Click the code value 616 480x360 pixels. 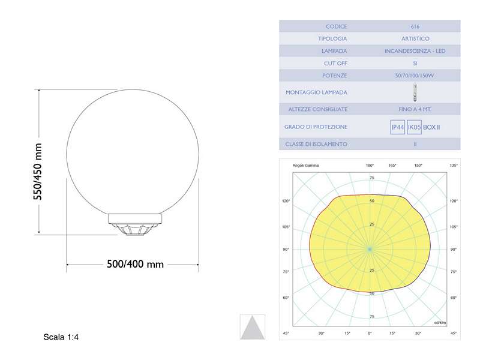(x=415, y=26)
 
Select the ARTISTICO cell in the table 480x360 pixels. (x=415, y=38)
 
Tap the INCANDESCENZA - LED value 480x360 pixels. (x=415, y=51)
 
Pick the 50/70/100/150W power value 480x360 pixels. (x=415, y=76)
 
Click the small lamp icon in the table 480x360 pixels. (x=415, y=92)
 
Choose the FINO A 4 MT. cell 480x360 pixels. (x=415, y=109)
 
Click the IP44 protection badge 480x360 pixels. (x=397, y=127)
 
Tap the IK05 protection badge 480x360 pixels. (x=414, y=127)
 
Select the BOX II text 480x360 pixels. (x=431, y=127)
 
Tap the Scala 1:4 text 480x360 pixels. (x=61, y=337)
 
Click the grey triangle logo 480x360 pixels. (x=251, y=327)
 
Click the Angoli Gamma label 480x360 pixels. (x=305, y=165)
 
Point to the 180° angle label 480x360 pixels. (x=370, y=165)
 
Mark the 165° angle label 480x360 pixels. (x=392, y=165)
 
